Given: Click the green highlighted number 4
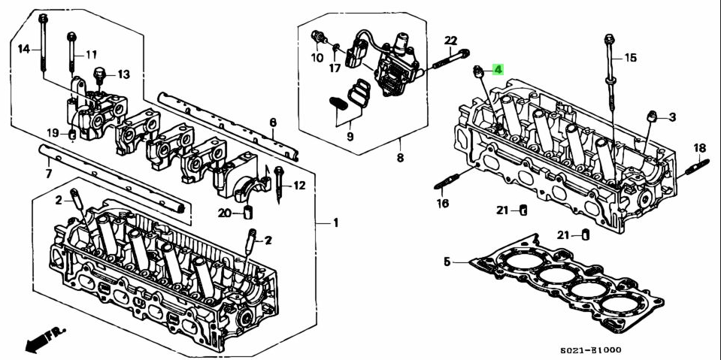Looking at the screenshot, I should pyautogui.click(x=498, y=70).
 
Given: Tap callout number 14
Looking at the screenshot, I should pyautogui.click(x=24, y=49).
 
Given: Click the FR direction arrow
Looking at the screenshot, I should pyautogui.click(x=44, y=339).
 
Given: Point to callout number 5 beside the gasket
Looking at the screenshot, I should pyautogui.click(x=447, y=262).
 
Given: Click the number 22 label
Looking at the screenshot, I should pyautogui.click(x=450, y=40).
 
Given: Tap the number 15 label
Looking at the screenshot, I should pyautogui.click(x=630, y=57).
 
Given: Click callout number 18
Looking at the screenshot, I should pyautogui.click(x=699, y=147).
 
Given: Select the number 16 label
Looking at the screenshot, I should pyautogui.click(x=442, y=203).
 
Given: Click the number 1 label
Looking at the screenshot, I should pyautogui.click(x=336, y=222).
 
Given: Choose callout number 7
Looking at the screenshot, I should pyautogui.click(x=48, y=174).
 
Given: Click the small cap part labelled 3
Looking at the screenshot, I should pyautogui.click(x=653, y=115).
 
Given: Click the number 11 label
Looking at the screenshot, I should pyautogui.click(x=91, y=54).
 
